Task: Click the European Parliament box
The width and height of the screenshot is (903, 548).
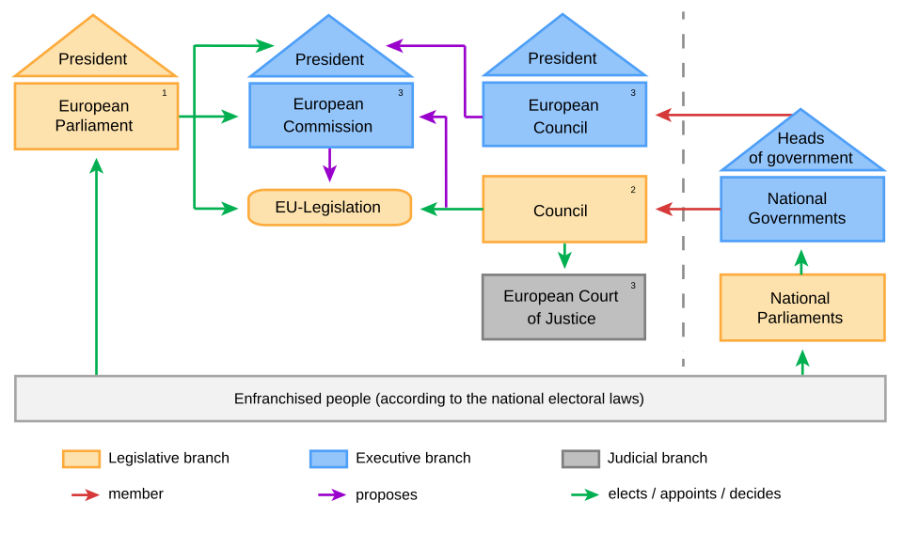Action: [96, 117]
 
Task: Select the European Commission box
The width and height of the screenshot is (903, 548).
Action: [330, 115]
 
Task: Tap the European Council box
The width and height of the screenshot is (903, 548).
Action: [563, 115]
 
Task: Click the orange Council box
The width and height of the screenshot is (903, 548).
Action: [563, 210]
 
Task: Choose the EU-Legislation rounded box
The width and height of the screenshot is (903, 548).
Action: [329, 207]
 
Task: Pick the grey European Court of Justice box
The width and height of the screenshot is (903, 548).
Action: [563, 307]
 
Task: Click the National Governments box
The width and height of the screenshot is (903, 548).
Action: [801, 209]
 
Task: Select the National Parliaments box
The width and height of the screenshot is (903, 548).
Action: [801, 307]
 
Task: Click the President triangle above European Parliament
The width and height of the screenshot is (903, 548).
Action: [94, 55]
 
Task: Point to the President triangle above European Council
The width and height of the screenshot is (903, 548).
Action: [563, 55]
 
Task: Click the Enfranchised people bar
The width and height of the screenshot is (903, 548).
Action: [450, 399]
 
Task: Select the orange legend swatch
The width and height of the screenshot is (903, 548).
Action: [81, 459]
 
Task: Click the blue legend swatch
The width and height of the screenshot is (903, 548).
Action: [328, 459]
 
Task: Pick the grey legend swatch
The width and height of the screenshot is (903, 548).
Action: [580, 459]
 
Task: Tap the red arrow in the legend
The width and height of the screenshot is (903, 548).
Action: [86, 494]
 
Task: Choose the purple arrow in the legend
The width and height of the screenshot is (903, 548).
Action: [331, 494]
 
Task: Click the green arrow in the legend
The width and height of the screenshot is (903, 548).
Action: [584, 494]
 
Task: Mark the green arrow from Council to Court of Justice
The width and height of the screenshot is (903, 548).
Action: [564, 256]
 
